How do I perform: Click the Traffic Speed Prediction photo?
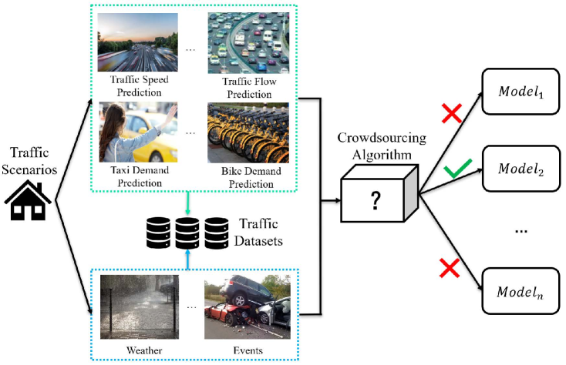click(138, 42)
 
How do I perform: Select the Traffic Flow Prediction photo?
click(238, 42)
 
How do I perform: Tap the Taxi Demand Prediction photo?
click(138, 132)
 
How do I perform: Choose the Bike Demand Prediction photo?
click(238, 132)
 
